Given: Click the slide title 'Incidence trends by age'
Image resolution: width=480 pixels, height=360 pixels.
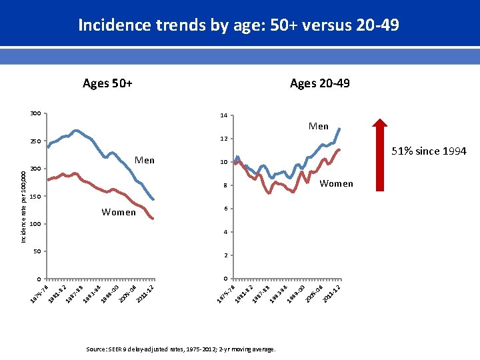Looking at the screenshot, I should coord(239,25).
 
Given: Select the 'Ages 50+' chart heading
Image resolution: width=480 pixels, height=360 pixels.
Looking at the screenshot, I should coord(107,83).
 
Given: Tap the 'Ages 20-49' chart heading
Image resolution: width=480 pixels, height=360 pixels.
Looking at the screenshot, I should coord(319,83).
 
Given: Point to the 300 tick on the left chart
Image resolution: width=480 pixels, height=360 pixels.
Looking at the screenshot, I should coord(35,113).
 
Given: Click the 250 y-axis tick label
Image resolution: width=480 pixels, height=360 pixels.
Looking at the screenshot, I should coord(35,141).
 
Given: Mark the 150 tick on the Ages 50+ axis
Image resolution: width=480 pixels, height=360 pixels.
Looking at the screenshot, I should coord(35,197).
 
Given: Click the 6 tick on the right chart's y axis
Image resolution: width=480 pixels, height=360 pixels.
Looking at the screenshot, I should coord(226,209).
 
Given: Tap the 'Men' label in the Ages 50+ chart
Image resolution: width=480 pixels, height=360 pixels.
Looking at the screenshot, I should coord(144,160).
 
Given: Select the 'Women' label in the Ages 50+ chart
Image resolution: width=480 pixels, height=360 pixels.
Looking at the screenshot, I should coord(119,213).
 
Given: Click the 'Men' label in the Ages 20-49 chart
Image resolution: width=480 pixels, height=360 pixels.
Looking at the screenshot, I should coord(318,126).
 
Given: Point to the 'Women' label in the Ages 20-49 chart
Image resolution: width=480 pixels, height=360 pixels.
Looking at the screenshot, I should coord(336,183).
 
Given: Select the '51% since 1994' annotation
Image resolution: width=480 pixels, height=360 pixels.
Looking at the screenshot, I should coord(429,151).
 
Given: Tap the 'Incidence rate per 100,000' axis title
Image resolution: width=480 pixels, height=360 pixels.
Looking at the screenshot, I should coord(23,206).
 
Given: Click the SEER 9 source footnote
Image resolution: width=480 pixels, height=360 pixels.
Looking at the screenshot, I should coord(181,349).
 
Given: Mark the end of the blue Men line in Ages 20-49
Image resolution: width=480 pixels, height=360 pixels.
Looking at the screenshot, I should coord(339,129).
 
